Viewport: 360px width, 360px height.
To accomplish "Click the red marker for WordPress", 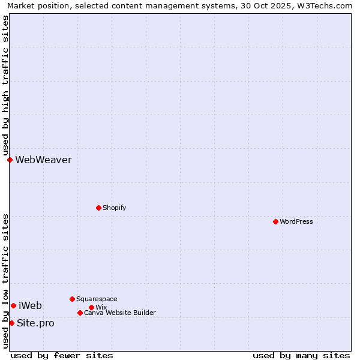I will point(275,221).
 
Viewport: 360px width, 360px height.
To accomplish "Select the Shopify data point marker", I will point(98,208).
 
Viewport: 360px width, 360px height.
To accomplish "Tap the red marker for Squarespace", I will point(72,299).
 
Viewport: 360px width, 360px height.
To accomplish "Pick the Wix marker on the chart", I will point(91,307).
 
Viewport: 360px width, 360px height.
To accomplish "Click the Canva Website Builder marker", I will point(80,313).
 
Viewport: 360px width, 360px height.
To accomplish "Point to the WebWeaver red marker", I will point(10,160).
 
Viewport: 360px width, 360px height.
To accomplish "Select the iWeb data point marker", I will point(13,305).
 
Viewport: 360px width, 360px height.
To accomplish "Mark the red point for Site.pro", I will point(11,323).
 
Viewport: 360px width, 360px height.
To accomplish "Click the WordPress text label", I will point(296,221).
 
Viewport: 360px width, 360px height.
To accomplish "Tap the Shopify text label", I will point(114,208).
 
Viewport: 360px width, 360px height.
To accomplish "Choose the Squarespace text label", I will point(97,299).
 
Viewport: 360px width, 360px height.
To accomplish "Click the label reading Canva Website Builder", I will point(120,313).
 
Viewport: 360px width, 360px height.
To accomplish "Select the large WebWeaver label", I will point(43,160).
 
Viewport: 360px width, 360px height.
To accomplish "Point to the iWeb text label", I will point(30,305).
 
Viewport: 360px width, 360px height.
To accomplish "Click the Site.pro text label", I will point(35,323).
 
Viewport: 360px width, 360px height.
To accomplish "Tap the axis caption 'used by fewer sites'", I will point(62,355).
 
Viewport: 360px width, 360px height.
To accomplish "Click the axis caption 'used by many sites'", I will point(301,355).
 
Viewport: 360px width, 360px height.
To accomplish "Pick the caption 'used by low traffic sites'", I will point(5,280).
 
